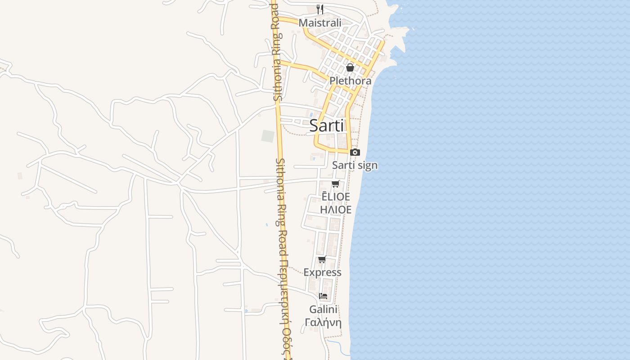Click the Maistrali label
320,22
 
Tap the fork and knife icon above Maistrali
320,9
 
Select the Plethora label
351,81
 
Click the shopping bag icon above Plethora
350,67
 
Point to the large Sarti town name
327,126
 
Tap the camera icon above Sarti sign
355,153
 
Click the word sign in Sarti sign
368,166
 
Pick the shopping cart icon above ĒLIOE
335,184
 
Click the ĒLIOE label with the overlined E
335,196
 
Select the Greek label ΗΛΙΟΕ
335,209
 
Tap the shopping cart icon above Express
322,259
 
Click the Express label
322,272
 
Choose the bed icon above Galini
323,296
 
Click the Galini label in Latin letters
323,310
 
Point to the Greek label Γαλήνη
323,323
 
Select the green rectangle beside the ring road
268,136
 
